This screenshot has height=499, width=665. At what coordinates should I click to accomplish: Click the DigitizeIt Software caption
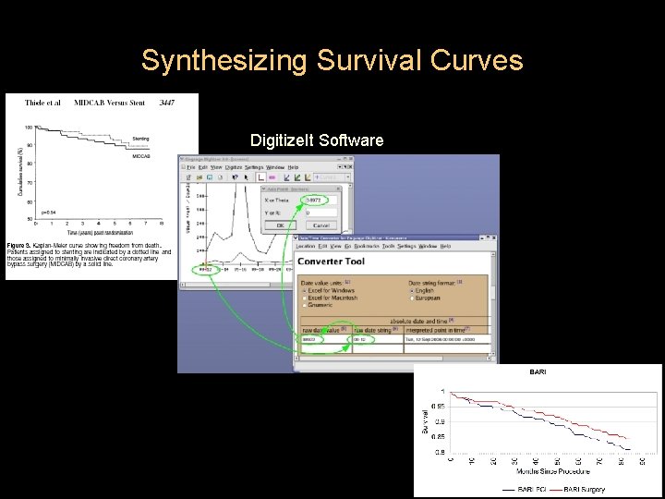(x=317, y=140)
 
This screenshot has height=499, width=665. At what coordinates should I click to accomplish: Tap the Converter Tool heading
(x=331, y=262)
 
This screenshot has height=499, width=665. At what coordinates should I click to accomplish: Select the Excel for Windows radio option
(x=307, y=290)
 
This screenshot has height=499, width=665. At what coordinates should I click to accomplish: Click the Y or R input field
(x=319, y=213)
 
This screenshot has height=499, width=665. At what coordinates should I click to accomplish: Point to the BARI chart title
(x=538, y=371)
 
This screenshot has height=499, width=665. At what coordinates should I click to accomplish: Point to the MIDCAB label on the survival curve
(x=141, y=157)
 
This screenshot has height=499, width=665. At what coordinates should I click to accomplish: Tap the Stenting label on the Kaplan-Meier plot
(x=140, y=139)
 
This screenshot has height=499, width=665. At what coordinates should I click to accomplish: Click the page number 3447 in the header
(x=168, y=103)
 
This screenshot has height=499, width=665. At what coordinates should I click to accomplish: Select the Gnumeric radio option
(x=307, y=305)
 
